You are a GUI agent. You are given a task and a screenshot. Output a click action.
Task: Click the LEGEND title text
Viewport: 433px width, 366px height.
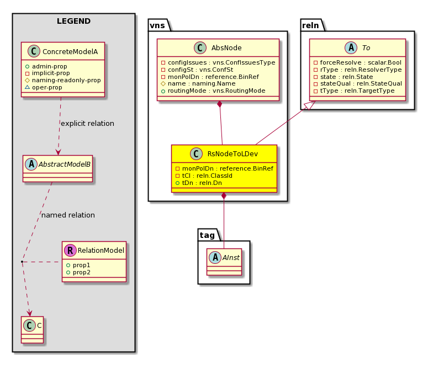pyautogui.click(x=74, y=21)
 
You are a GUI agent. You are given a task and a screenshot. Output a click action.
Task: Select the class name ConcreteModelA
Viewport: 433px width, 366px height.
pyautogui.click(x=70, y=52)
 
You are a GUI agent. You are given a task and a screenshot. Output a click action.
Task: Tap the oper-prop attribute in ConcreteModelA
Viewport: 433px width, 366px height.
pyautogui.click(x=47, y=87)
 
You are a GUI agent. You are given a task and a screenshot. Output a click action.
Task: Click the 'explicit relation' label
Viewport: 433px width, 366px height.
pyautogui.click(x=87, y=124)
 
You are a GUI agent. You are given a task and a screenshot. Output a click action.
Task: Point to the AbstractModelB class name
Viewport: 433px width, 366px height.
pyautogui.click(x=64, y=165)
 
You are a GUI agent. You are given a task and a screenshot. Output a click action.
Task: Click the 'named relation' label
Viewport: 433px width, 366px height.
pyautogui.click(x=68, y=215)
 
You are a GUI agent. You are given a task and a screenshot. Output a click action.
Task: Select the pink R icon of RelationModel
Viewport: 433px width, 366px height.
pyautogui.click(x=70, y=251)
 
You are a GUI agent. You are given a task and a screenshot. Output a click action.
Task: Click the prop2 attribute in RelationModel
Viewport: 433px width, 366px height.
pyautogui.click(x=82, y=273)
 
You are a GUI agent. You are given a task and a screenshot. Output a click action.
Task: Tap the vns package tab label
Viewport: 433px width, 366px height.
pyautogui.click(x=157, y=25)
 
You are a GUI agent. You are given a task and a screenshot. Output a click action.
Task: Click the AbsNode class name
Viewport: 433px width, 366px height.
pyautogui.click(x=226, y=48)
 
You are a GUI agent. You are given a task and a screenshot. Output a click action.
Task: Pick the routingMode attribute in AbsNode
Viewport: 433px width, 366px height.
pyautogui.click(x=216, y=91)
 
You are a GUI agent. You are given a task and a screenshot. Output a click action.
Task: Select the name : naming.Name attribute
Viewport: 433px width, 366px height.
pyautogui.click(x=202, y=84)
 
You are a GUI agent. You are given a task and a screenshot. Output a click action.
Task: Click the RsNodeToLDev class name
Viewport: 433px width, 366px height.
pyautogui.click(x=233, y=154)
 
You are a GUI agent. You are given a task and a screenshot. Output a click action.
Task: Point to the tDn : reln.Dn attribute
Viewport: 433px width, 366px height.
pyautogui.click(x=202, y=183)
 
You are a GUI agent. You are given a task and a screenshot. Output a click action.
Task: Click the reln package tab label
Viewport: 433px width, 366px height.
pyautogui.click(x=310, y=25)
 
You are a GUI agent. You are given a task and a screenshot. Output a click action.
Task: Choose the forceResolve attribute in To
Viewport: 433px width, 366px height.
pyautogui.click(x=361, y=63)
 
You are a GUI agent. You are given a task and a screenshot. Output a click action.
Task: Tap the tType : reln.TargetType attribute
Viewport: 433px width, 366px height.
pyautogui.click(x=357, y=91)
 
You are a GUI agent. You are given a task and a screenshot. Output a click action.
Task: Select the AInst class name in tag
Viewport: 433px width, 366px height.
pyautogui.click(x=231, y=258)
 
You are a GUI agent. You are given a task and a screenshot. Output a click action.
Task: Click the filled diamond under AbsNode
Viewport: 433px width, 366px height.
pyautogui.click(x=220, y=104)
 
